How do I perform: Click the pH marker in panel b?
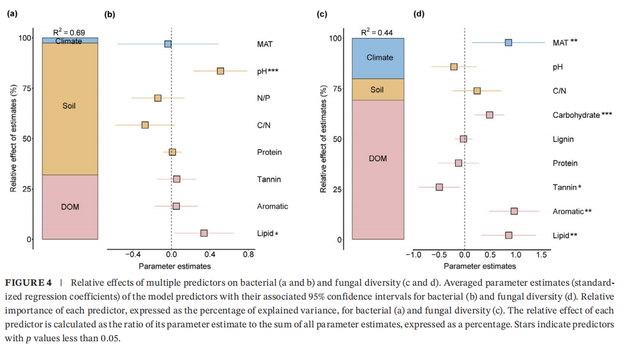click(220, 71)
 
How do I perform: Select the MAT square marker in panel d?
click(508, 42)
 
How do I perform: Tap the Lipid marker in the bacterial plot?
click(204, 233)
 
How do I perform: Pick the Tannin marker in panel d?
click(439, 187)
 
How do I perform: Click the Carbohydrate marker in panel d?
click(490, 115)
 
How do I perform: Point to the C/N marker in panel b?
click(145, 125)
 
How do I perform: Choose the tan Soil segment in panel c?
click(378, 89)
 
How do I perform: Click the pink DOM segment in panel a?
click(70, 207)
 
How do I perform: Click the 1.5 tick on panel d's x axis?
click(541, 255)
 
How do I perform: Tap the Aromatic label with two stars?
click(572, 211)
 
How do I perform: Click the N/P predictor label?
click(264, 98)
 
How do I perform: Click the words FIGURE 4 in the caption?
click(28, 283)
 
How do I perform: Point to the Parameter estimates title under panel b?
click(174, 266)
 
